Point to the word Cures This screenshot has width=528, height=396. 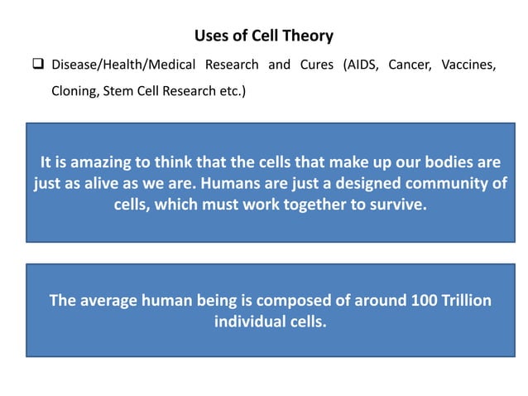315,65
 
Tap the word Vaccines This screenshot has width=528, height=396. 468,65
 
